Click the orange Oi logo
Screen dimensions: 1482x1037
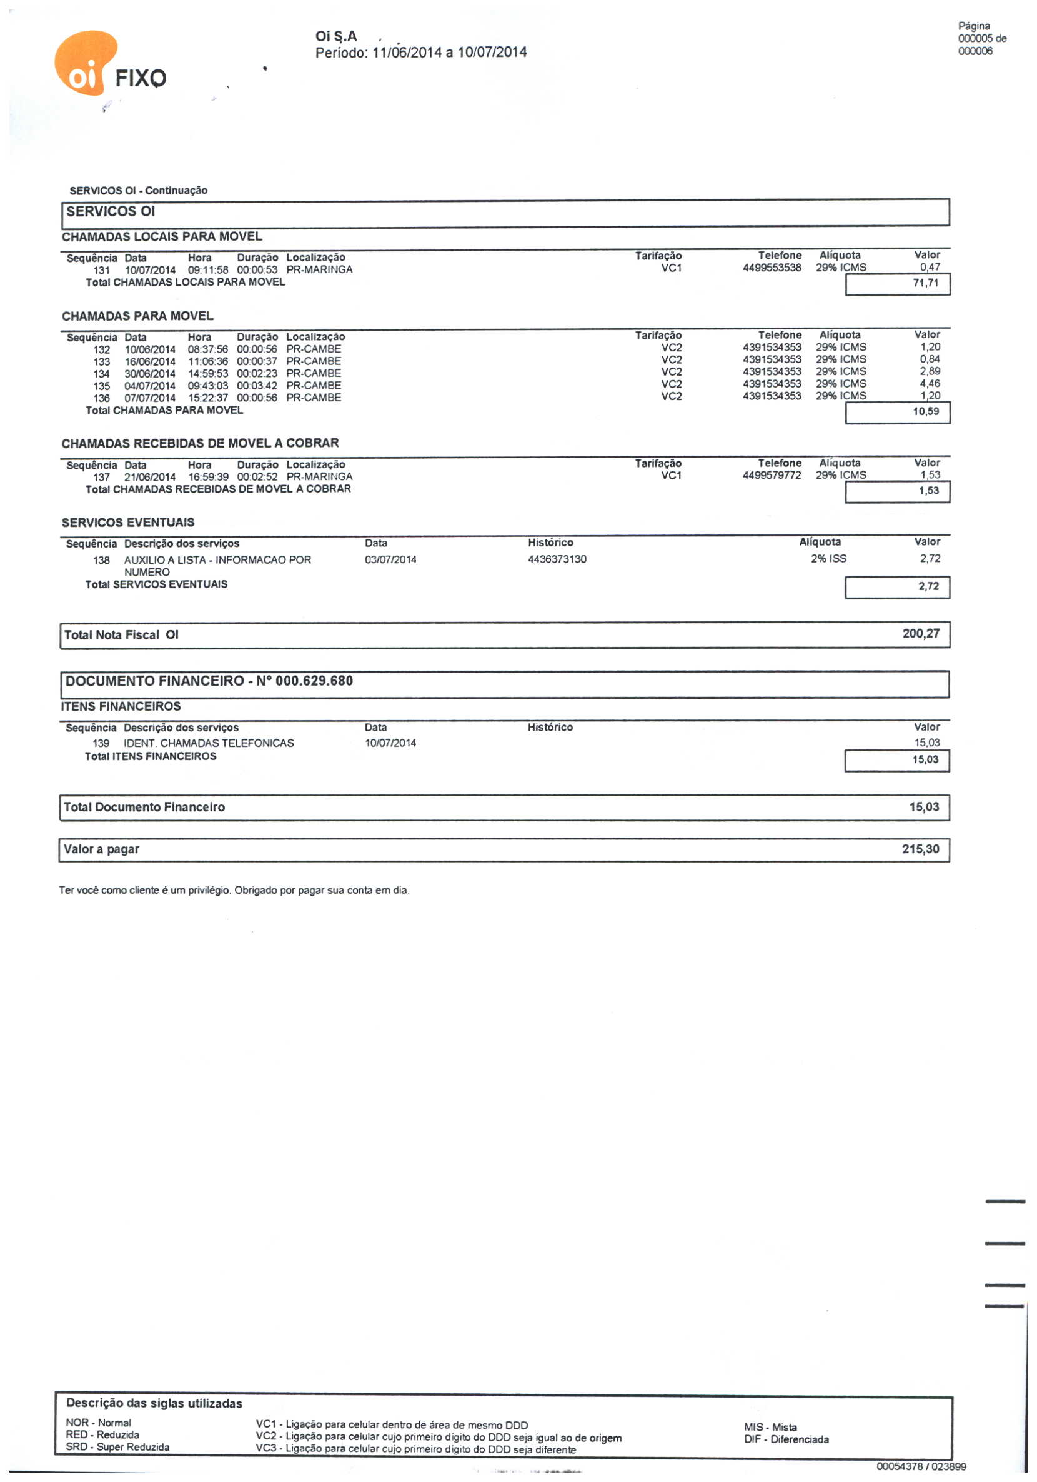pos(86,63)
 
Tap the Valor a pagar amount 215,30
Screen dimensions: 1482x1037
pos(920,849)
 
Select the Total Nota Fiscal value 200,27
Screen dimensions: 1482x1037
pos(921,634)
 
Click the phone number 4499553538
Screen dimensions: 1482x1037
pos(772,268)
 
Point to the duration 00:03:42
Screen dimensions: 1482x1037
pos(257,386)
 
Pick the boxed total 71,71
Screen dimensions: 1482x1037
pos(925,283)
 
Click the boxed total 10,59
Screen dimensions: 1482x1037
pos(925,412)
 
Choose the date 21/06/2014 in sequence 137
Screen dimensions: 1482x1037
pos(150,477)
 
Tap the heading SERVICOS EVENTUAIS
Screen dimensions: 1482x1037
pos(128,522)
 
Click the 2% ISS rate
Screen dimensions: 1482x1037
pos(828,559)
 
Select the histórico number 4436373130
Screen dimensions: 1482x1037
pos(557,559)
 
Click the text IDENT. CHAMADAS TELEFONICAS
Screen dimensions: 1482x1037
pos(209,743)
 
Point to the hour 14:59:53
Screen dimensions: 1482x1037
pos(208,374)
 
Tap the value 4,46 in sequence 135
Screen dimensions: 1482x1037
pos(930,384)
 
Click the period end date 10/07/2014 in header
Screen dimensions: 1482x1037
pos(492,53)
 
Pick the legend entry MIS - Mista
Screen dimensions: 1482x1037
pos(770,1427)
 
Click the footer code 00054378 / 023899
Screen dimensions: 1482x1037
pos(921,1466)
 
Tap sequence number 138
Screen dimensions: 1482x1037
pos(101,560)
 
